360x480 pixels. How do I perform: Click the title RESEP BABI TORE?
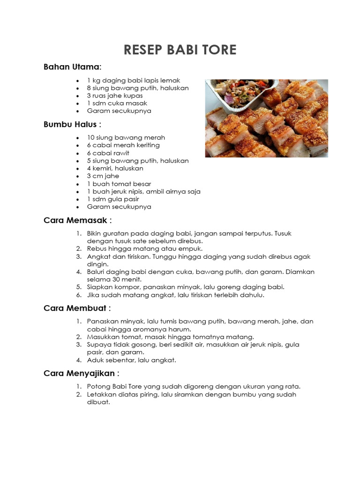(x=180, y=50)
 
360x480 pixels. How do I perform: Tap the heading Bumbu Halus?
(x=72, y=124)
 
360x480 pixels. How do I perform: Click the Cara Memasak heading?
(x=77, y=220)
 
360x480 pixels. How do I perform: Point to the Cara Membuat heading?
(x=77, y=308)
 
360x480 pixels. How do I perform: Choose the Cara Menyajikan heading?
(x=81, y=373)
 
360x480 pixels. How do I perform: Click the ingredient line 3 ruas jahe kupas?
(x=115, y=96)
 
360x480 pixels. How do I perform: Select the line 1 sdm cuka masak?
(x=117, y=103)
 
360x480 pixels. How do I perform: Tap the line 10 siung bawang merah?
(x=126, y=137)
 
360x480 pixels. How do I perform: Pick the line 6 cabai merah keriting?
(x=123, y=145)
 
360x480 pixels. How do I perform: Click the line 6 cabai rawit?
(x=108, y=153)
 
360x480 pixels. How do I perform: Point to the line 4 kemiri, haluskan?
(x=115, y=168)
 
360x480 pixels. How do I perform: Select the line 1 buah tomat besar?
(x=119, y=184)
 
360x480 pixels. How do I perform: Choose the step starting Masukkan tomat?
(x=170, y=337)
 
